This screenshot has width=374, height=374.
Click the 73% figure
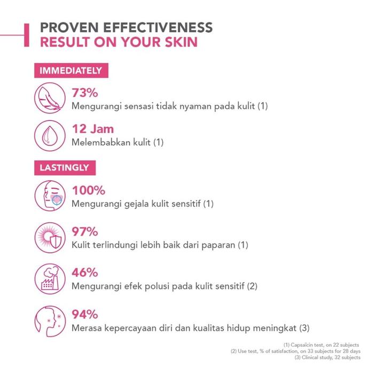coord(85,93)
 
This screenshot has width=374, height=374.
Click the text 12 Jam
coord(93,130)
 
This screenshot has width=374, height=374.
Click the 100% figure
coord(88,190)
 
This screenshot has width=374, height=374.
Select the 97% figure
coord(85,232)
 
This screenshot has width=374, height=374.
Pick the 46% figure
coord(85,272)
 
